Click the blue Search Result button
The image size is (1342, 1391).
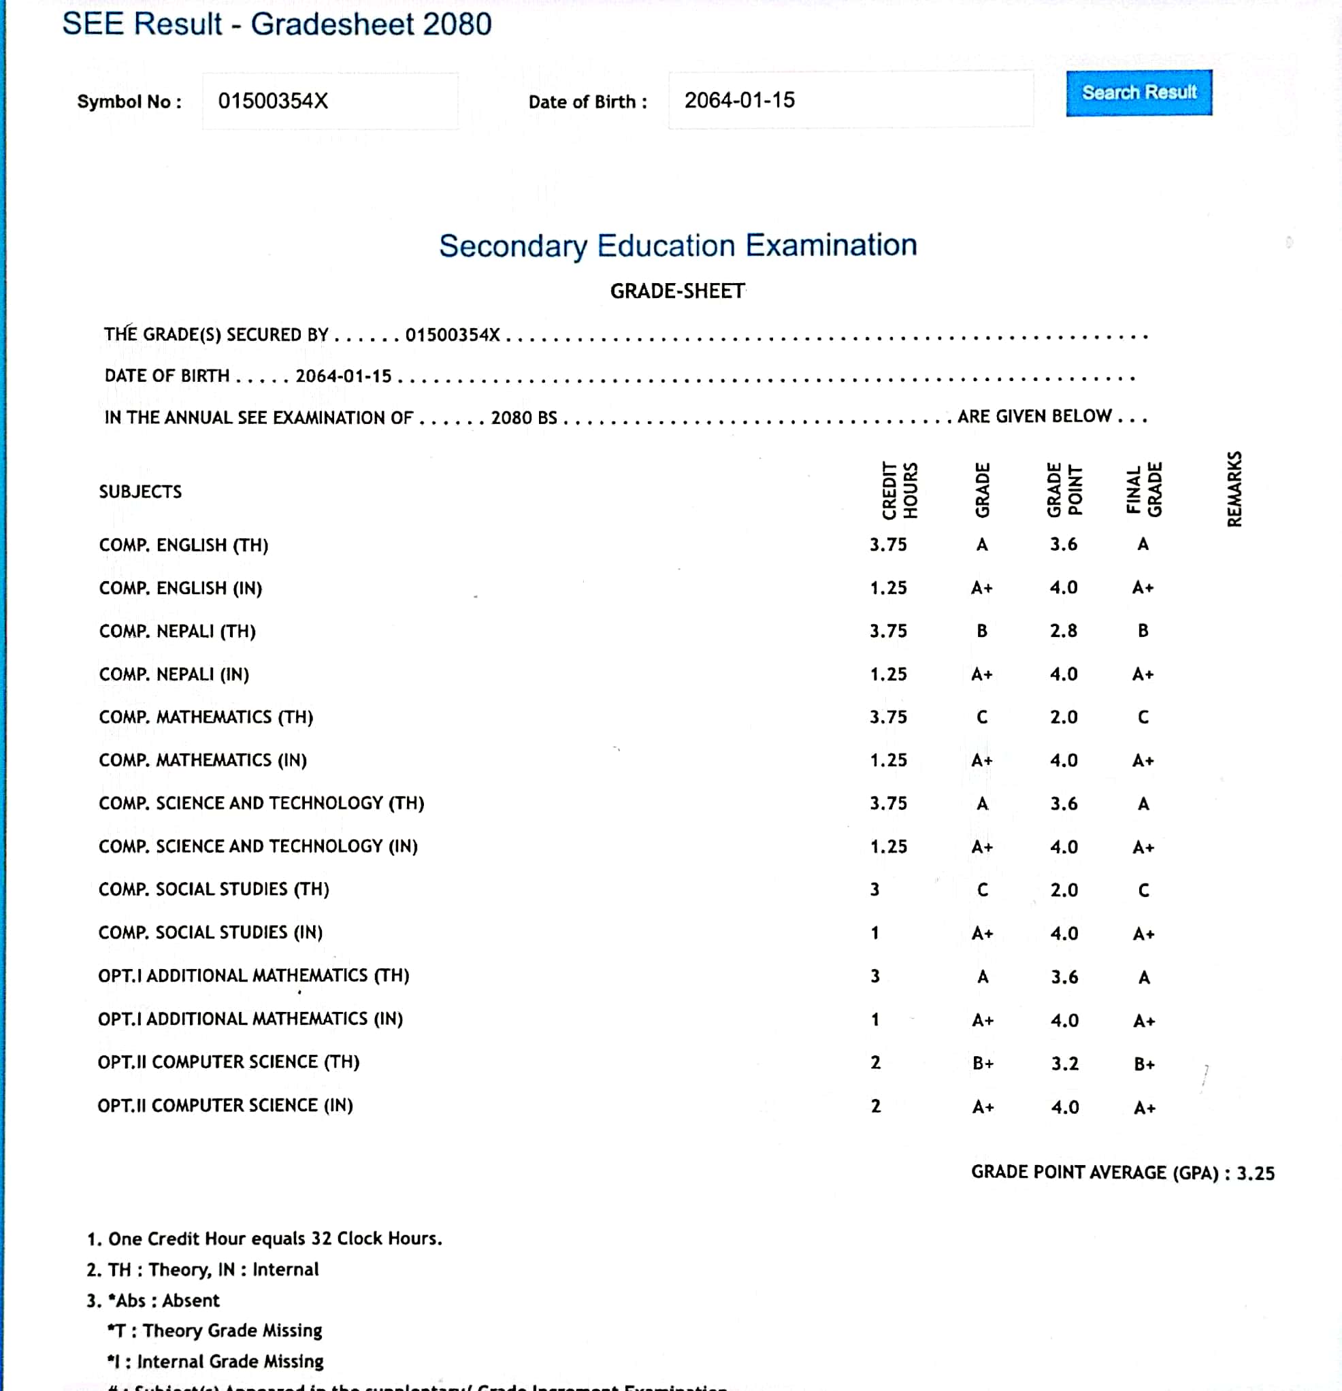pyautogui.click(x=1139, y=93)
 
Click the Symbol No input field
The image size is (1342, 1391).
pyautogui.click(x=330, y=101)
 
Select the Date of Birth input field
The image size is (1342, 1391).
pyautogui.click(x=850, y=100)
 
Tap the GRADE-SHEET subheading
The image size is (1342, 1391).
pyautogui.click(x=677, y=291)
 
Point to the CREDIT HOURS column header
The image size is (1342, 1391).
pyautogui.click(x=899, y=491)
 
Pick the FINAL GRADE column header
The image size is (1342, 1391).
pyautogui.click(x=1143, y=490)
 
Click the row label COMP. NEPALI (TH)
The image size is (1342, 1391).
pyautogui.click(x=178, y=631)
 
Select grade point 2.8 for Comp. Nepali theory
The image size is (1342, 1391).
pyautogui.click(x=1063, y=630)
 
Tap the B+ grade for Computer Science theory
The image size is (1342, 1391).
pyautogui.click(x=983, y=1063)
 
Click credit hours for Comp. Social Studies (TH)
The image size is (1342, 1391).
pyautogui.click(x=875, y=889)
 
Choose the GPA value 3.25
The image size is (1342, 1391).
pyautogui.click(x=1256, y=1173)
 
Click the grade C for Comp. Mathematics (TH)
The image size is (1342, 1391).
pyautogui.click(x=982, y=717)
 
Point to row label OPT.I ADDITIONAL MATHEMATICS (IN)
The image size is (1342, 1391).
pyautogui.click(x=250, y=1019)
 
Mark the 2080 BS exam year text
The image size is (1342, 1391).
pyautogui.click(x=524, y=417)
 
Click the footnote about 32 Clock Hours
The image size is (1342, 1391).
pyautogui.click(x=264, y=1239)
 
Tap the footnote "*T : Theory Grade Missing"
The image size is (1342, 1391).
pyautogui.click(x=214, y=1330)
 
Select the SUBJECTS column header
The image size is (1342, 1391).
pyautogui.click(x=140, y=491)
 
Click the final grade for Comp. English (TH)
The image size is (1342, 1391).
pyautogui.click(x=1143, y=544)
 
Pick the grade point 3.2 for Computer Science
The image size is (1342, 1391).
pyautogui.click(x=1064, y=1063)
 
